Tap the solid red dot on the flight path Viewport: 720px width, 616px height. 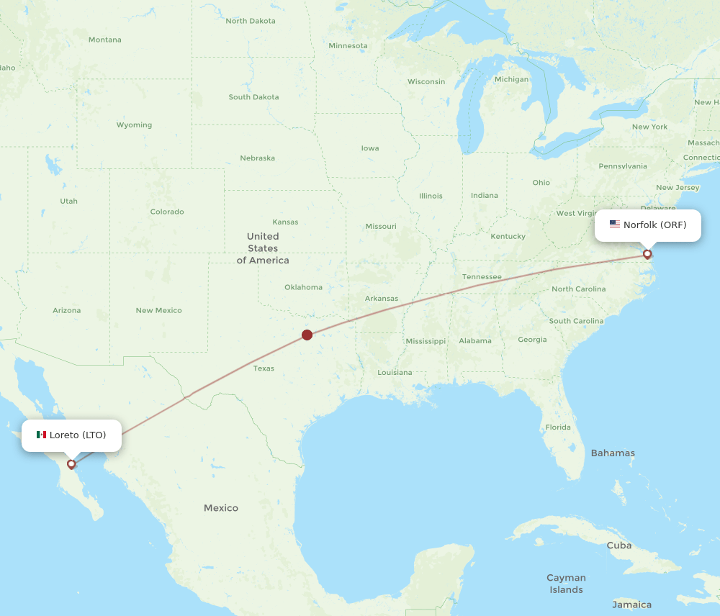[x=307, y=335]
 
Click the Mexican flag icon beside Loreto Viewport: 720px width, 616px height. [x=41, y=435]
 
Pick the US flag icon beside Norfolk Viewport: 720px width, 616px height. [x=615, y=225]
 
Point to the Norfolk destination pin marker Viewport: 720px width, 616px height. [x=647, y=254]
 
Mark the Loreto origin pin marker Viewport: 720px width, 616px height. [x=71, y=464]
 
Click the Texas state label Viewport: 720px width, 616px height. [x=264, y=368]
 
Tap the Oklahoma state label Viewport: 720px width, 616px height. [x=303, y=287]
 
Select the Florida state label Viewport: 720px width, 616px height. [x=558, y=427]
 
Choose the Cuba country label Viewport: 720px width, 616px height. [x=619, y=545]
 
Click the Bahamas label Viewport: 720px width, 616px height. [x=613, y=453]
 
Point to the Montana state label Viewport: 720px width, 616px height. [x=105, y=40]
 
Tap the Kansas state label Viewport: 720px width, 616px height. [x=285, y=222]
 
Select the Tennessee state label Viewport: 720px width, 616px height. [x=482, y=276]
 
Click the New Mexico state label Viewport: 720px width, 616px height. [x=158, y=310]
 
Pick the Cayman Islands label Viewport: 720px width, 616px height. [x=566, y=584]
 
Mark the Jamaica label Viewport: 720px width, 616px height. [x=631, y=604]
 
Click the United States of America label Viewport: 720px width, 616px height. [x=263, y=248]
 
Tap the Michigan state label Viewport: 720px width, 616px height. [x=511, y=79]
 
